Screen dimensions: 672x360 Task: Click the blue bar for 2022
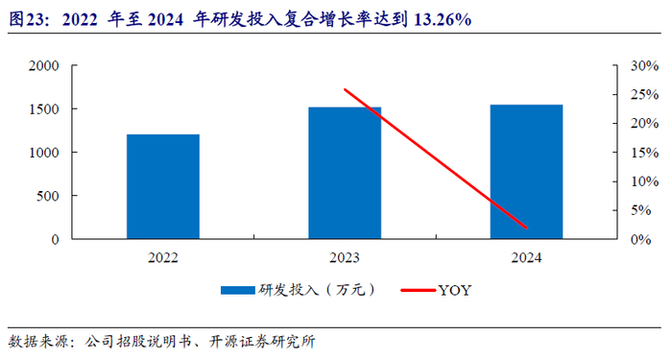coord(163,186)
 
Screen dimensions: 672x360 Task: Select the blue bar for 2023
coord(345,173)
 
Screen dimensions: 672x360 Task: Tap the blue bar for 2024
coord(526,172)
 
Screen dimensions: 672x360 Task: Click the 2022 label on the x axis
coord(163,257)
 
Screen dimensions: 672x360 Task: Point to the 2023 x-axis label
coord(345,257)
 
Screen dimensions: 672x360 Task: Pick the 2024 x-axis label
coord(526,257)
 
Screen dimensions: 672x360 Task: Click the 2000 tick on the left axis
coord(44,65)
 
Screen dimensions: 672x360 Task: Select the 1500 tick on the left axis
coord(44,108)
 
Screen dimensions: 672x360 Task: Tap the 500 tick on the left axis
coord(48,196)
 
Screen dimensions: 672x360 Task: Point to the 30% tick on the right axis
coord(644,65)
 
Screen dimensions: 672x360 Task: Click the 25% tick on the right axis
coord(644,94)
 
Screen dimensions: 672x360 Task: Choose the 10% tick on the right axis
coord(644,181)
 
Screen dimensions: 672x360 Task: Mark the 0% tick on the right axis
coord(640,239)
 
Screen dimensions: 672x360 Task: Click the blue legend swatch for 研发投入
coord(238,290)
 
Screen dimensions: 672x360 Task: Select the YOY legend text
coord(455,291)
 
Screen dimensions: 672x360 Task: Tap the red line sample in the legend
coord(419,290)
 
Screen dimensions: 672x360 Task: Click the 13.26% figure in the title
coord(443,19)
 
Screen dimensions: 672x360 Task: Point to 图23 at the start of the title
coord(28,19)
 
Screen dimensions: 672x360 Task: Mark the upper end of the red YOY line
coord(345,89)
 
